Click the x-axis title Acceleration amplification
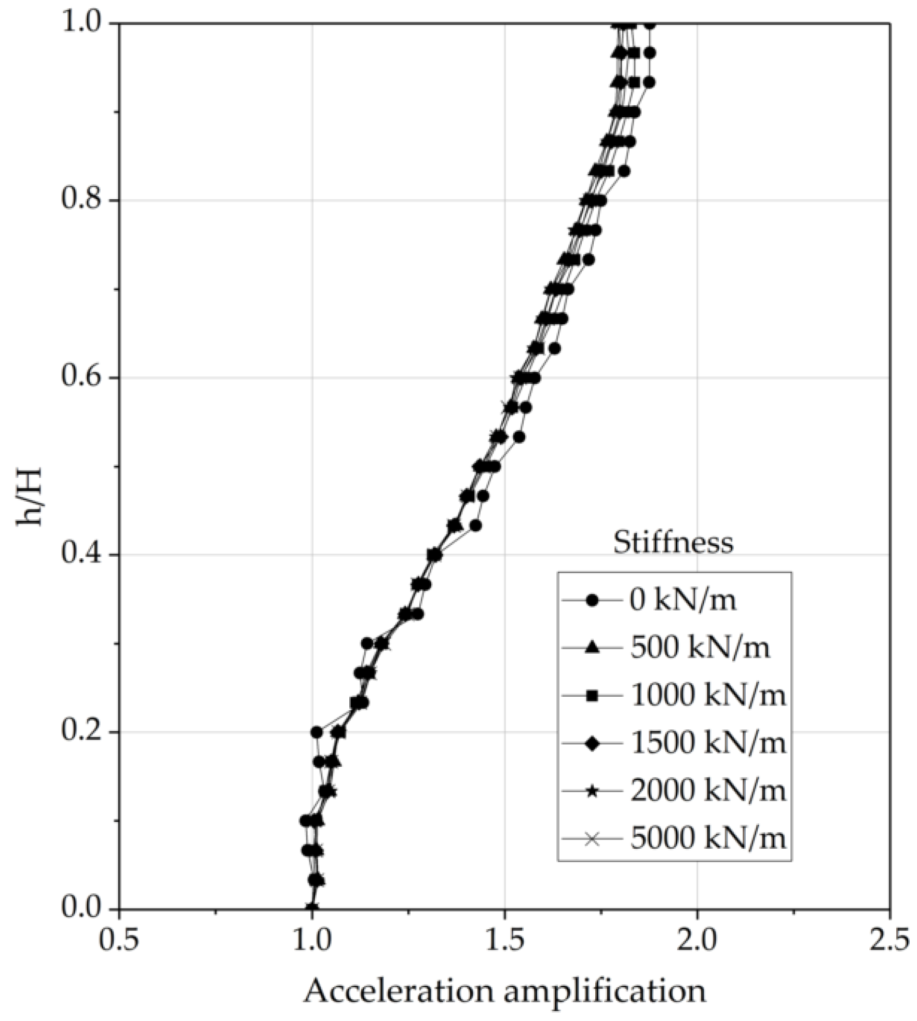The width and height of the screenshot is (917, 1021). click(x=504, y=992)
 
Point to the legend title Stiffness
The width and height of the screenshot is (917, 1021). click(x=673, y=543)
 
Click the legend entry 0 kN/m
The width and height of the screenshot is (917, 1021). click(x=683, y=600)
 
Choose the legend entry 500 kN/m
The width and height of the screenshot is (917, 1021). click(x=700, y=648)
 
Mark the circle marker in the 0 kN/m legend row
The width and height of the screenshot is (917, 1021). click(x=592, y=601)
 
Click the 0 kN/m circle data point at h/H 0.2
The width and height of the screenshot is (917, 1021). click(x=317, y=732)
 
